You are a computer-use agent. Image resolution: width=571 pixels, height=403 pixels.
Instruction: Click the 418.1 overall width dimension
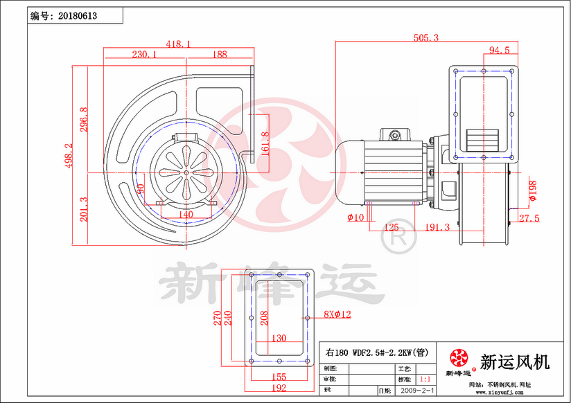pyautogui.click(x=177, y=43)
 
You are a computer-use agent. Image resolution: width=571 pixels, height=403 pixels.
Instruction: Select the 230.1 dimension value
pyautogui.click(x=143, y=53)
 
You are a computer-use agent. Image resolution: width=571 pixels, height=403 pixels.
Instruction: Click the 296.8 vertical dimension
pyautogui.click(x=84, y=120)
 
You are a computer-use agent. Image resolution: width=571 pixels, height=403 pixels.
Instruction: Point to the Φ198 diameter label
pyautogui.click(x=532, y=190)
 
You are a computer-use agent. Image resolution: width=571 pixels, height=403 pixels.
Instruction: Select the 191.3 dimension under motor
pyautogui.click(x=437, y=227)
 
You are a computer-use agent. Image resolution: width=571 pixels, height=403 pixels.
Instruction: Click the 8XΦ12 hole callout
pyautogui.click(x=337, y=314)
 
